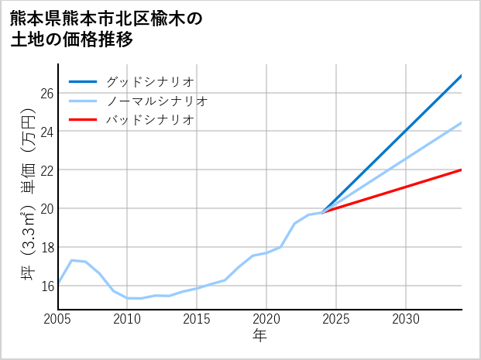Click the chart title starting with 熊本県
tap(106, 29)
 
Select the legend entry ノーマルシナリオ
tap(156, 101)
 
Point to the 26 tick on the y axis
tap(46, 93)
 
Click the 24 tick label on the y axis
tap(46, 132)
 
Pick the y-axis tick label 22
tap(46, 170)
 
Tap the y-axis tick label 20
tap(46, 209)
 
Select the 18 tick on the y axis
tap(46, 247)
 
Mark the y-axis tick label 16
tap(46, 286)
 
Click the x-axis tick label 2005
tap(58, 319)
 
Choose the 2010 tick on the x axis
tap(127, 319)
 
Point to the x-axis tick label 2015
tap(197, 319)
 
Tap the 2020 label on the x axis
tap(266, 319)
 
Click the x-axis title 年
tap(259, 336)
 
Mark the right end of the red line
tap(462, 170)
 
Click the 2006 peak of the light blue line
tap(72, 260)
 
